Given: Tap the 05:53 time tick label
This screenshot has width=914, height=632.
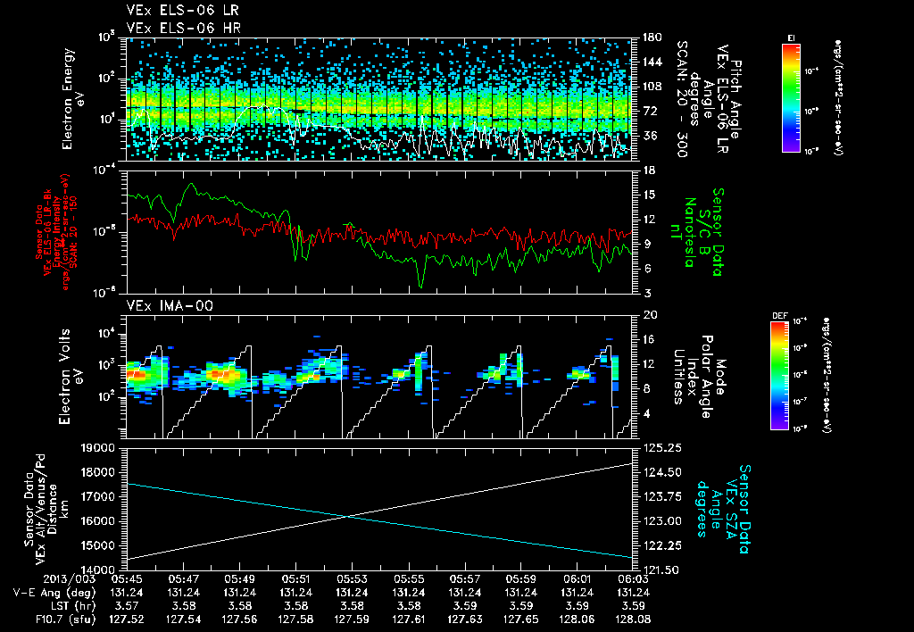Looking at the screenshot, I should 352,578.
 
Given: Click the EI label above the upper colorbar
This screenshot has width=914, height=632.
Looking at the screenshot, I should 791,37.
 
